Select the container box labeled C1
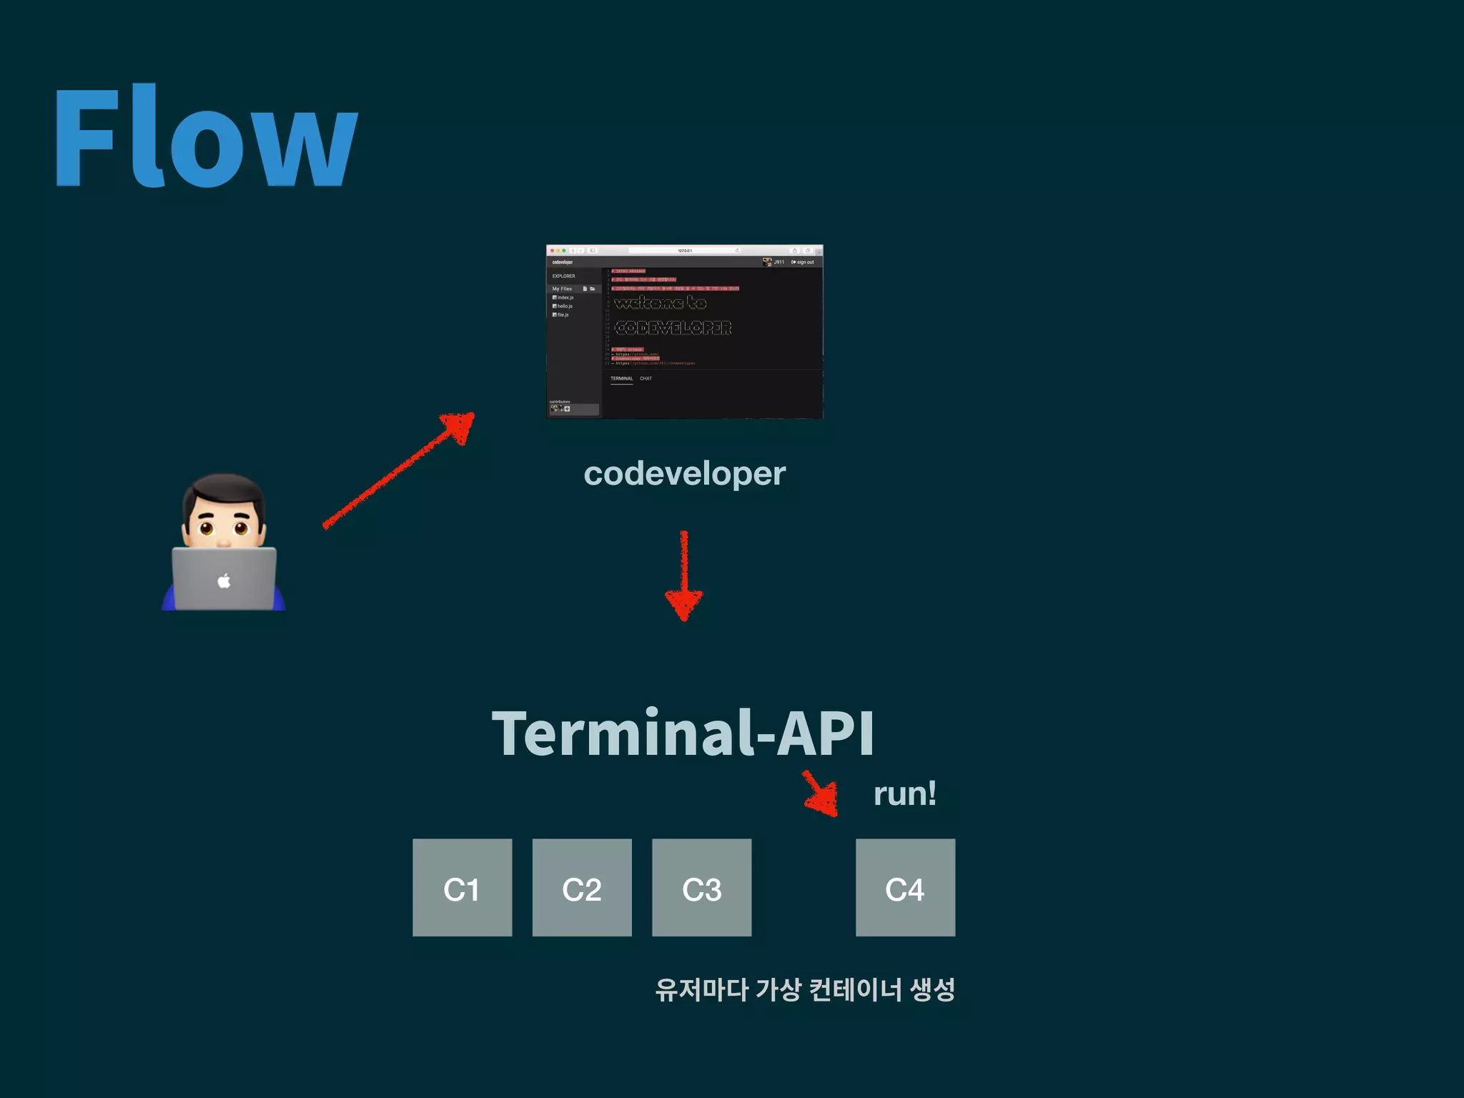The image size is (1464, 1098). click(462, 888)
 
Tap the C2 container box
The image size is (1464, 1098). click(582, 888)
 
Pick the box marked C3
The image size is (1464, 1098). click(701, 888)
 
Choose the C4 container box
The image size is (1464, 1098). click(905, 888)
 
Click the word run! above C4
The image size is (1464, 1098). click(904, 793)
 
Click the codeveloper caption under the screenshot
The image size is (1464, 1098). click(684, 473)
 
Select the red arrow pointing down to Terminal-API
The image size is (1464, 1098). click(684, 575)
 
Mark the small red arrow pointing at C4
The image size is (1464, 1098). click(821, 794)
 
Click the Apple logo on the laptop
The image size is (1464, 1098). click(224, 580)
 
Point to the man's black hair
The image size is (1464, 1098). click(224, 490)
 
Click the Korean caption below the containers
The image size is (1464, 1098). click(805, 990)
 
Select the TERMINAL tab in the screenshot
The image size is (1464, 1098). click(621, 379)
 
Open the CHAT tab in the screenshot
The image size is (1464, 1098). click(646, 379)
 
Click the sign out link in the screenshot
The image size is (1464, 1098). click(804, 262)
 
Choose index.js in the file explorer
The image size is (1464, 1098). click(565, 297)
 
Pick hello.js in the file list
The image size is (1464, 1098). click(565, 306)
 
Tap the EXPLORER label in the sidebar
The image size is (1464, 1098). click(563, 276)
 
